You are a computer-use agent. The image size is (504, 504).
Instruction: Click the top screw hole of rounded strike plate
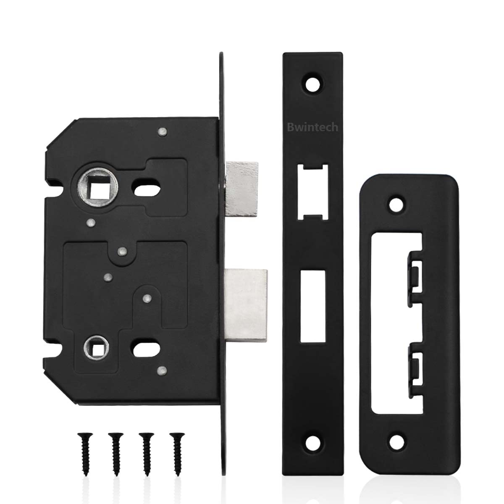(x=395, y=205)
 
